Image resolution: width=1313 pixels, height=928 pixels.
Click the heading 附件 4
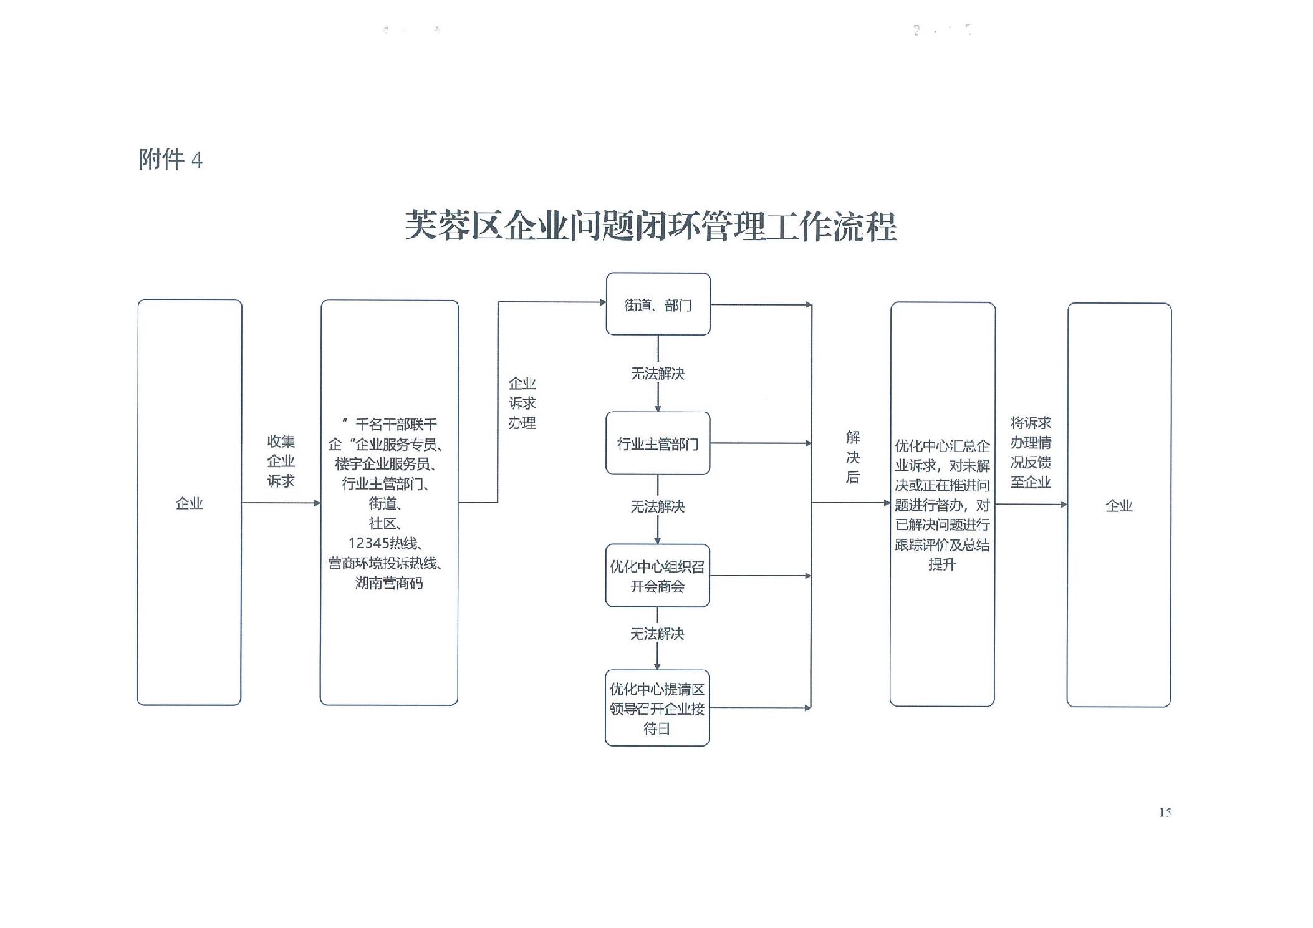[x=170, y=160]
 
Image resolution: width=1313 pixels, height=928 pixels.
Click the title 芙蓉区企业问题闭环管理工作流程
[x=650, y=226]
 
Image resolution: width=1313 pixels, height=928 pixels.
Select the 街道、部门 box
[x=658, y=304]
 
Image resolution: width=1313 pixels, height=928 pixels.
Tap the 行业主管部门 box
[x=658, y=443]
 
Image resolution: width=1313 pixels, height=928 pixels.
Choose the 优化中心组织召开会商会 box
[x=657, y=576]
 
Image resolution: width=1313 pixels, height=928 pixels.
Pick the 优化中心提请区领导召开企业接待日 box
[x=657, y=708]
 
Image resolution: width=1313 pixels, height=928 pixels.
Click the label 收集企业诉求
[x=281, y=461]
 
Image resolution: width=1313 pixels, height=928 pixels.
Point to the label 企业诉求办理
[x=522, y=403]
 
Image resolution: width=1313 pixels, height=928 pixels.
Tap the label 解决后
[x=852, y=457]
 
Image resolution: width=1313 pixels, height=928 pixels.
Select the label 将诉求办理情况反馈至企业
[x=1031, y=452]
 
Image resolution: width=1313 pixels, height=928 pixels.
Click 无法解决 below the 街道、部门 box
[x=658, y=374]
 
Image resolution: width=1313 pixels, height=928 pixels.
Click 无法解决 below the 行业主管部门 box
[x=658, y=506]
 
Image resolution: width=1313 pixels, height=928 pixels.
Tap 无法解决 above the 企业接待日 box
[x=657, y=634]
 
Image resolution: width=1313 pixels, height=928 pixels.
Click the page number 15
[x=1165, y=812]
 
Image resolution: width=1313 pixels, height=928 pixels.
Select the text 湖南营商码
[x=389, y=583]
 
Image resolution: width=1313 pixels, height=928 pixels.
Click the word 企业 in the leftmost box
[x=189, y=503]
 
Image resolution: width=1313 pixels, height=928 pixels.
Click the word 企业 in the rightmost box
[x=1118, y=505]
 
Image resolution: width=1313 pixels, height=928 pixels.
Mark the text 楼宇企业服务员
[x=383, y=464]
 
